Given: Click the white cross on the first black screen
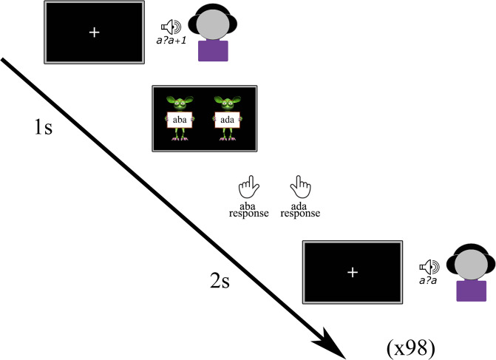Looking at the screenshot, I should [x=93, y=33].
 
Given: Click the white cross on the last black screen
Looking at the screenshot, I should [x=352, y=273].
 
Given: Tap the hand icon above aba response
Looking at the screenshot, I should [x=247, y=185].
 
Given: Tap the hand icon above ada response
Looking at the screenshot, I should [x=299, y=185].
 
